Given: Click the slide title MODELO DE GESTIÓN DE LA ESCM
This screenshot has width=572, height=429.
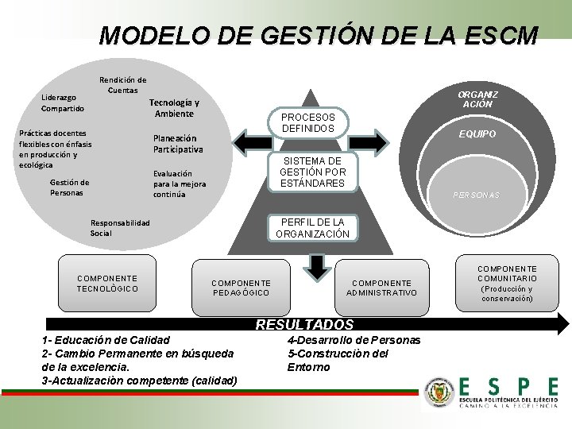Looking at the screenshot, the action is coord(318,37).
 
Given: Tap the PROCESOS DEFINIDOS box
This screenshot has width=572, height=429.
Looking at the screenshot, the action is coord(308,123).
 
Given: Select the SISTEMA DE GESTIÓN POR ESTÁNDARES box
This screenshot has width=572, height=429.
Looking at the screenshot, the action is coord(312,172).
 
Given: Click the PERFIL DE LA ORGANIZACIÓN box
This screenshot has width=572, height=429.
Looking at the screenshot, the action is coord(312,228).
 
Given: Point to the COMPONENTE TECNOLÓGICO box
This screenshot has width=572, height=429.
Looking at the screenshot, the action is coord(107,284).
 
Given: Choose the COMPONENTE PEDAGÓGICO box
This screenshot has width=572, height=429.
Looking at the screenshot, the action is coord(241,288).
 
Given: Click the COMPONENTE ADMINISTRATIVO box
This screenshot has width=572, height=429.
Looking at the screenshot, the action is coord(381,288).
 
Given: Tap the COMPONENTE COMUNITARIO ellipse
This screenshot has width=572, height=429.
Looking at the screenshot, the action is coord(507,284).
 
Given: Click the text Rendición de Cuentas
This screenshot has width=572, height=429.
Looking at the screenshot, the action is coord(122,85).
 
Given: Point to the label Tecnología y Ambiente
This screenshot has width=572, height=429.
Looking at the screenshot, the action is coord(174,108).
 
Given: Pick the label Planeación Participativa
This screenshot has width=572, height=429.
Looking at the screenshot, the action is coord(178,144).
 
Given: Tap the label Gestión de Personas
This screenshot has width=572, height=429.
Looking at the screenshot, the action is coord(69,187).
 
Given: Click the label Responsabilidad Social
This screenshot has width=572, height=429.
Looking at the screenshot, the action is coord(120,228).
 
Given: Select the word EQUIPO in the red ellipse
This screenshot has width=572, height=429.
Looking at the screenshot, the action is coord(477,134).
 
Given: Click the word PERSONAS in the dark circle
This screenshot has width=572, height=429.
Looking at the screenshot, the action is coord(476,195).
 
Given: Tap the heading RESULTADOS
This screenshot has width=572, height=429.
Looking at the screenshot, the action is coord(304,324).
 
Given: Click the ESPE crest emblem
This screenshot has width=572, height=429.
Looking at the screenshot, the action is coord(438,392).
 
